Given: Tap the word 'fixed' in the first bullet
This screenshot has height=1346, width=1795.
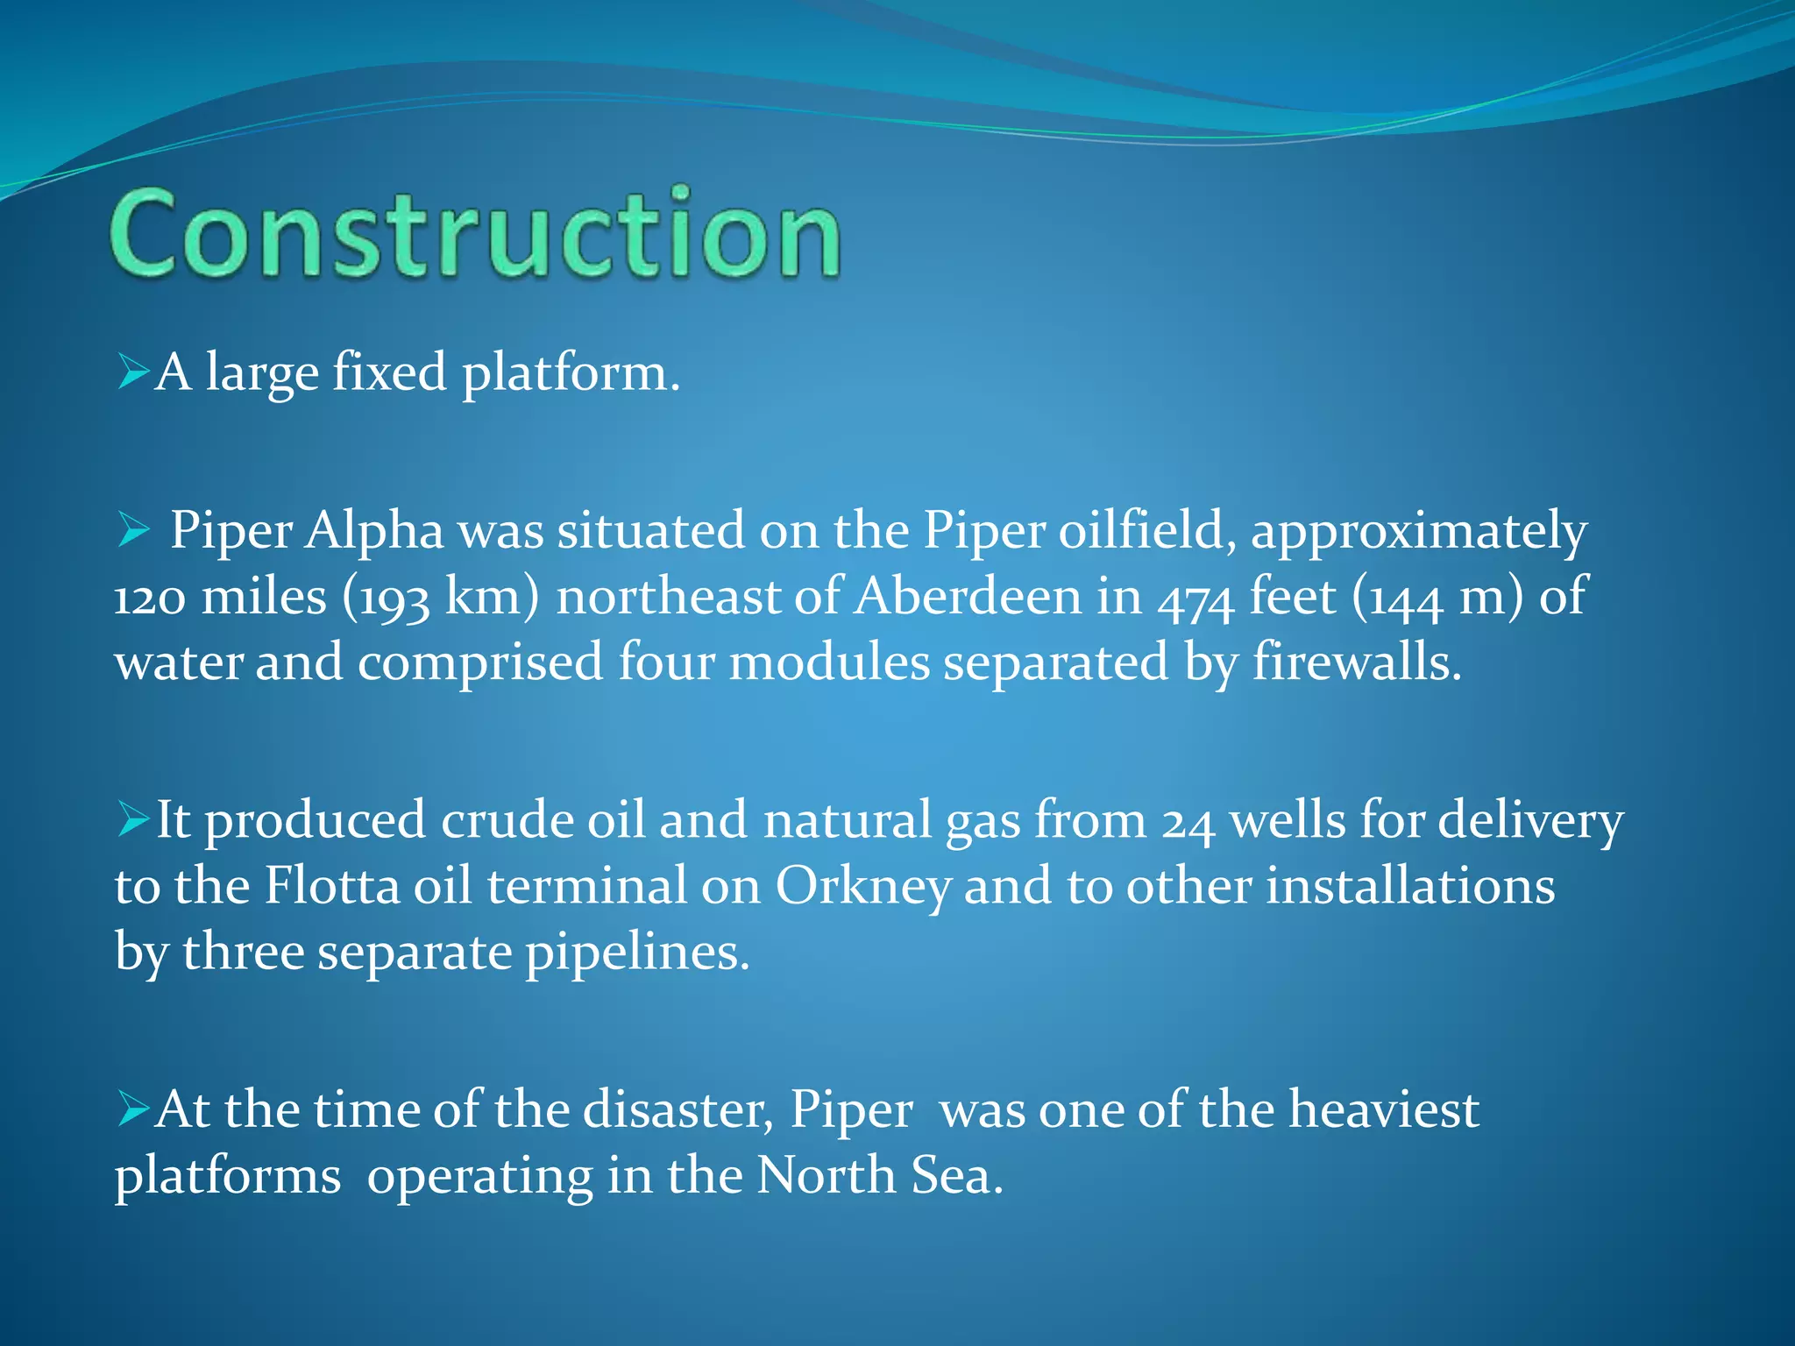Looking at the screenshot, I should click(389, 372).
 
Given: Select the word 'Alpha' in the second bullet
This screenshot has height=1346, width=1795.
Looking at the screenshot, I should click(374, 531).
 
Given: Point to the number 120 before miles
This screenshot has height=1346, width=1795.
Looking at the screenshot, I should click(150, 598).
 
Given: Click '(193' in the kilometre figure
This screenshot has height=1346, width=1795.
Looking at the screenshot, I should click(386, 598).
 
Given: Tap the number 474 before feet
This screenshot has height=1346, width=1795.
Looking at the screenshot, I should click(1195, 598).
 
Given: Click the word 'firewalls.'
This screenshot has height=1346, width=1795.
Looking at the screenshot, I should click(1357, 662).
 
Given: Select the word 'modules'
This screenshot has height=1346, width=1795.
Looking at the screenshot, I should click(829, 662).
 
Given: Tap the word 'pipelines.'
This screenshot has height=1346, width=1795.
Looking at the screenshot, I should click(637, 953).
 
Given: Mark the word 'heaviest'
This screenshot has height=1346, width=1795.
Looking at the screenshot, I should click(1384, 1109).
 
